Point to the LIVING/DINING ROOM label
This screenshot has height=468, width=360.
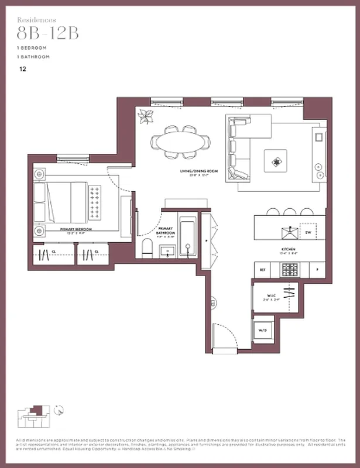click(199, 171)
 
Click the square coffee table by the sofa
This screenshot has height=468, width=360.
click(275, 160)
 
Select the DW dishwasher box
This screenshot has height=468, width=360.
click(308, 232)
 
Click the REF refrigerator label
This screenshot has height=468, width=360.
click(263, 270)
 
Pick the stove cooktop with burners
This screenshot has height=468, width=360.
click(290, 270)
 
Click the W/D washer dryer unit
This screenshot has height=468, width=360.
click(262, 331)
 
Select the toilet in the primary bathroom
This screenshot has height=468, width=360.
click(147, 248)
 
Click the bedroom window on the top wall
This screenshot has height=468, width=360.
click(73, 157)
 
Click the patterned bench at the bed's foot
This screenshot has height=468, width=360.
click(95, 202)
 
